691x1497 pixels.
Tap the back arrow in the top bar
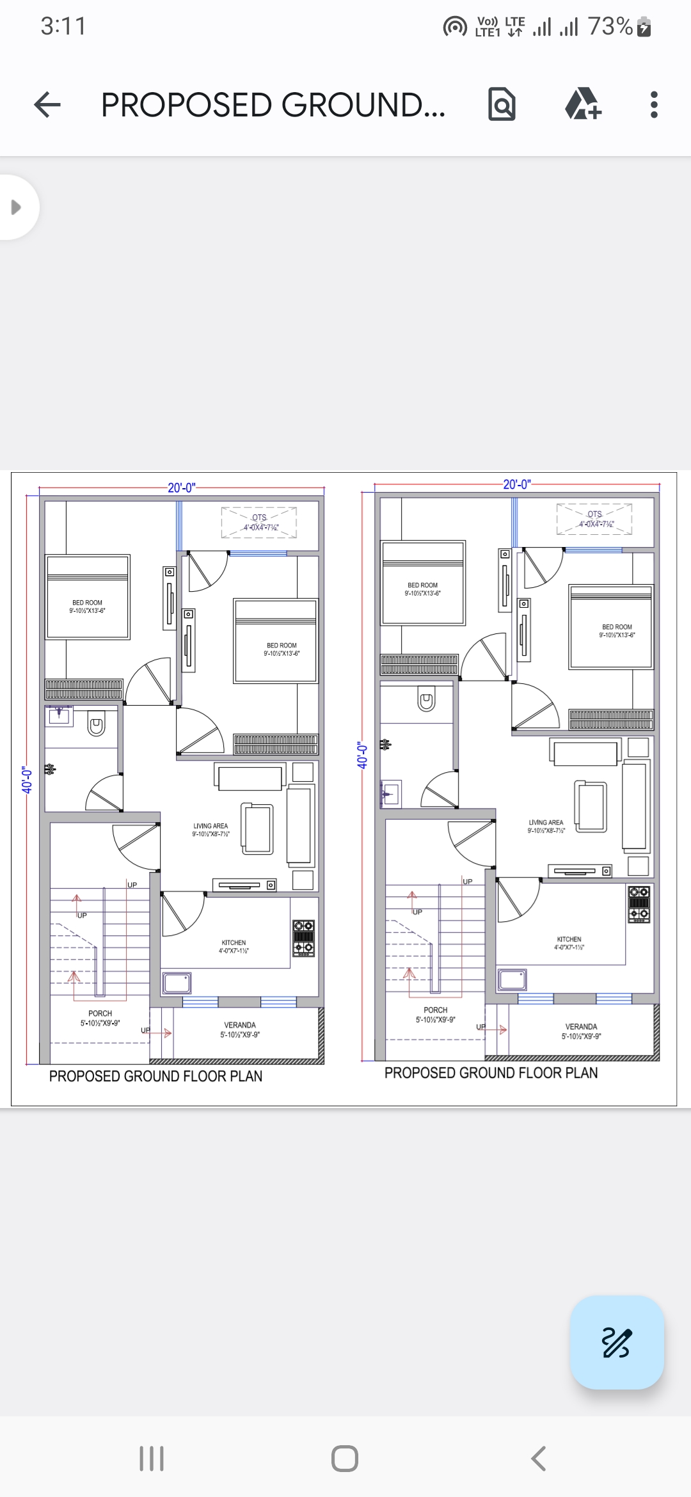(47, 105)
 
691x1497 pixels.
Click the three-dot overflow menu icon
(653, 105)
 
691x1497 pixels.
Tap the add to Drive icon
(583, 105)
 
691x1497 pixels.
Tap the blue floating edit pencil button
(616, 1342)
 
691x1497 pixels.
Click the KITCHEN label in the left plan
(234, 943)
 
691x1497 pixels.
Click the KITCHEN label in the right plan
(569, 940)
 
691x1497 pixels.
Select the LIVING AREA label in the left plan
(210, 827)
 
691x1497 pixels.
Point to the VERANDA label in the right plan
(581, 1027)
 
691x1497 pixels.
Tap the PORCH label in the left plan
(100, 1014)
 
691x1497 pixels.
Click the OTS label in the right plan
(594, 514)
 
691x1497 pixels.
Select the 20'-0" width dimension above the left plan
(181, 488)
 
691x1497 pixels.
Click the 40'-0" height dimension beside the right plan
(362, 756)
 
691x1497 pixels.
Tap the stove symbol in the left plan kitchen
(303, 938)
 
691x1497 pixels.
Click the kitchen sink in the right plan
(512, 979)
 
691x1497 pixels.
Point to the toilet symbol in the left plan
(96, 726)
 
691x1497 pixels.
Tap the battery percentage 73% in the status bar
(610, 27)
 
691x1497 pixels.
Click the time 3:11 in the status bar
(63, 27)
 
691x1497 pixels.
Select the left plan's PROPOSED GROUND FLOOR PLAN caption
(155, 1077)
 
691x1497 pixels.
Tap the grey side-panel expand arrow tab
(16, 207)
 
